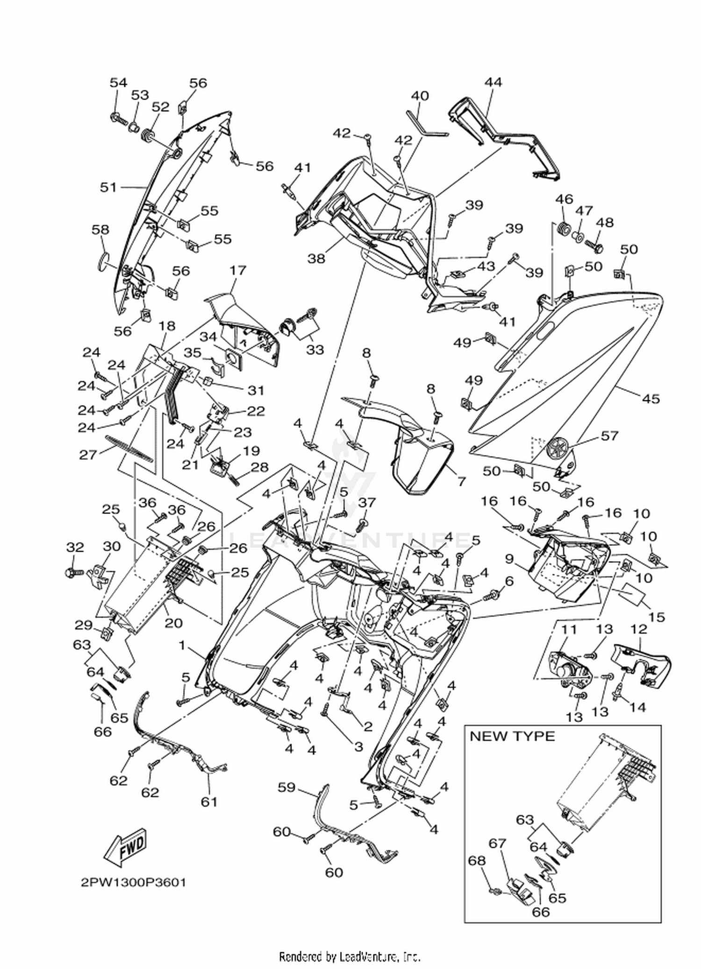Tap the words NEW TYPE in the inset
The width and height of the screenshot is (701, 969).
[512, 736]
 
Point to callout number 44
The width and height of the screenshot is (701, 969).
[493, 82]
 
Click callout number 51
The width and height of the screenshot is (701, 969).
[108, 187]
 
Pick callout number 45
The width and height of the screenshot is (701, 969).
[651, 398]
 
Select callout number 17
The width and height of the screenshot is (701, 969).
[238, 270]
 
